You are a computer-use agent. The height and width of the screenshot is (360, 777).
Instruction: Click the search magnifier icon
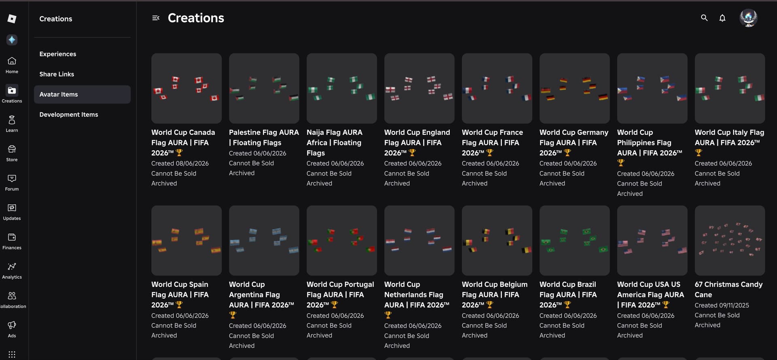click(x=704, y=18)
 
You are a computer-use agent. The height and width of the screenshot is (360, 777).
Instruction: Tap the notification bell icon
click(x=722, y=18)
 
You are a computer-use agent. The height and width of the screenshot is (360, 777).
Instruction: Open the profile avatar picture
click(x=748, y=18)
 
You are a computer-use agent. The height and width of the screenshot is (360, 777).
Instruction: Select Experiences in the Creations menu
click(x=58, y=54)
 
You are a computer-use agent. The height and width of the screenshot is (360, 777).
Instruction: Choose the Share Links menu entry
click(x=57, y=74)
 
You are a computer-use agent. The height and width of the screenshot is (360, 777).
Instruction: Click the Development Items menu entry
click(x=69, y=114)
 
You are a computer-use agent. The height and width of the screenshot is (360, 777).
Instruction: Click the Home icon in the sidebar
click(x=12, y=61)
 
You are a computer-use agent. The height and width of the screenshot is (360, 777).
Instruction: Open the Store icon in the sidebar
click(x=12, y=149)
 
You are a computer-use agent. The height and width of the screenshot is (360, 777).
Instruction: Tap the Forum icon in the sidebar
click(x=12, y=178)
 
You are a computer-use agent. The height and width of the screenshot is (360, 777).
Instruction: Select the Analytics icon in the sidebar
click(x=12, y=267)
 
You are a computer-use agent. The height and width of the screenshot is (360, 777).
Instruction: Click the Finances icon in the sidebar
click(x=12, y=237)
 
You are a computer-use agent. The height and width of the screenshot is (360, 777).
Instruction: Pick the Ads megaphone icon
click(x=12, y=325)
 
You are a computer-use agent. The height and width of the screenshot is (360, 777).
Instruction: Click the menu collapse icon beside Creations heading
click(x=156, y=18)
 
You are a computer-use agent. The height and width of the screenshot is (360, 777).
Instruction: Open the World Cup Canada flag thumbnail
click(x=187, y=88)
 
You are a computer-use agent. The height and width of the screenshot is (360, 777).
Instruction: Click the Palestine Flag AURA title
click(x=264, y=138)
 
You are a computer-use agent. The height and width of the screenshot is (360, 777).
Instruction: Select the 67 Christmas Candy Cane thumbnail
click(x=730, y=240)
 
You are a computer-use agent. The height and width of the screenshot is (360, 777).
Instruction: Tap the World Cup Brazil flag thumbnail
click(x=575, y=240)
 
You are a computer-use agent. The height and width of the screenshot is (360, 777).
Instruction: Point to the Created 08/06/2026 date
click(x=180, y=163)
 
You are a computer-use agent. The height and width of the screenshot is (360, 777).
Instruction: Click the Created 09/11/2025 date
click(x=722, y=305)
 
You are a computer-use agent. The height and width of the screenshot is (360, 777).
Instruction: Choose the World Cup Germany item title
click(x=574, y=142)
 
